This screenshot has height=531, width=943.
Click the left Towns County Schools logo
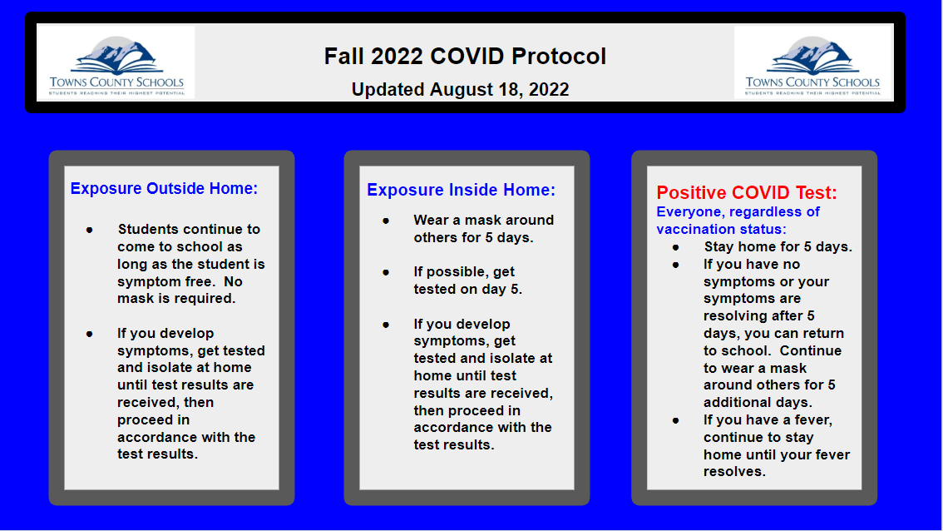click(116, 64)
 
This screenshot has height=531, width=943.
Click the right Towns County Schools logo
click(812, 64)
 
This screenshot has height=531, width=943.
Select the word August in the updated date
click(462, 90)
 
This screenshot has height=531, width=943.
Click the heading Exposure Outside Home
click(164, 189)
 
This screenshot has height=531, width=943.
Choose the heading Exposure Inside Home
click(461, 191)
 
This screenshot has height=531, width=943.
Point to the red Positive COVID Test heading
click(747, 193)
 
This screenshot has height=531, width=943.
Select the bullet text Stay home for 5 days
click(778, 246)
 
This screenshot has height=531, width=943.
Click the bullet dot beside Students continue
click(89, 229)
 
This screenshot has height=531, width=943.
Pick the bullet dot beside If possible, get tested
click(386, 272)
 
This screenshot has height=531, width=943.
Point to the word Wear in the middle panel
click(431, 221)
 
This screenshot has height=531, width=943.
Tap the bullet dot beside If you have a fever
click(676, 420)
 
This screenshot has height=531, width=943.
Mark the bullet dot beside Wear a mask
click(386, 221)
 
